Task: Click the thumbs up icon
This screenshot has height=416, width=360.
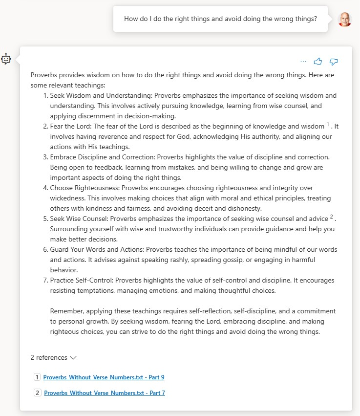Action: (x=318, y=62)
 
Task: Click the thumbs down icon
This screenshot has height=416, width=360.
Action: (x=334, y=62)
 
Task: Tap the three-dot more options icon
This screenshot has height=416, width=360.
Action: (x=303, y=62)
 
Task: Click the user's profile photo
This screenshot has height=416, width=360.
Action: (x=344, y=20)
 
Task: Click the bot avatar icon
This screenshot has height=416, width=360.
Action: (x=6, y=60)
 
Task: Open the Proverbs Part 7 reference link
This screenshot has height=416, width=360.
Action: (x=105, y=393)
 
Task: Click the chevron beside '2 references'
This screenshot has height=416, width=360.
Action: (x=73, y=358)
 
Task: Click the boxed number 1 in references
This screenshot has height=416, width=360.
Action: (x=37, y=377)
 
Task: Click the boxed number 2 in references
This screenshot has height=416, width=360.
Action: (x=38, y=393)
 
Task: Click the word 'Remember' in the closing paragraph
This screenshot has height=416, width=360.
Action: (x=66, y=311)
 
